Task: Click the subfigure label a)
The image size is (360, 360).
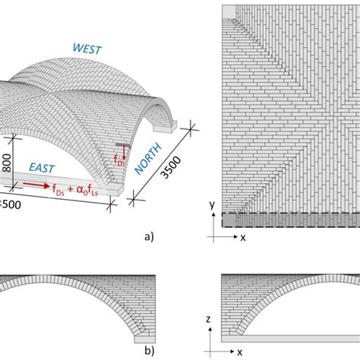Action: tap(147, 236)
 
